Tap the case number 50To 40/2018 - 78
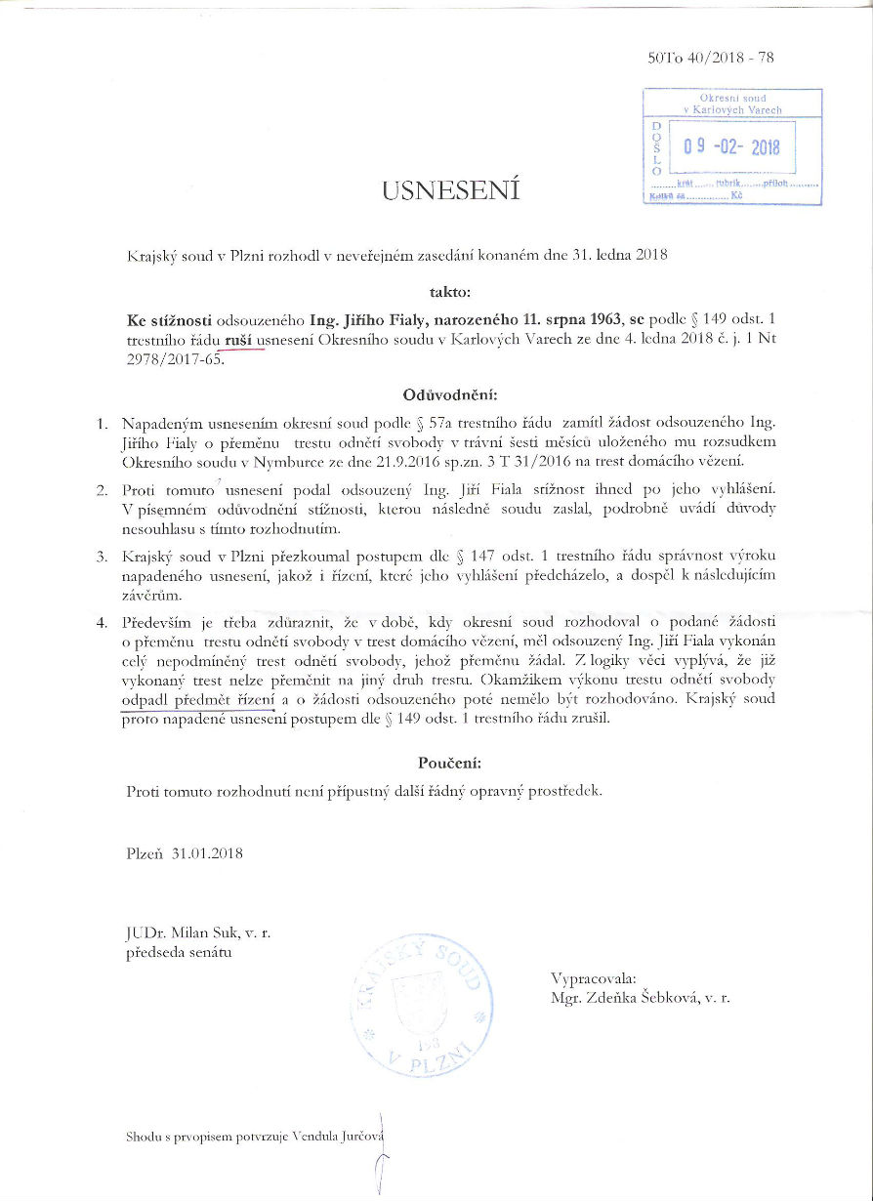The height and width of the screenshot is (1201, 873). click(x=711, y=58)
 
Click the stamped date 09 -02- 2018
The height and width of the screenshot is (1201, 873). click(x=731, y=146)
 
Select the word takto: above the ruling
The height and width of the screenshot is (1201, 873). click(x=450, y=291)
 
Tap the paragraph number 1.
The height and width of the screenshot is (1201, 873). click(x=101, y=425)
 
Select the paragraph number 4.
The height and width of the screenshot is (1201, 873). click(x=101, y=623)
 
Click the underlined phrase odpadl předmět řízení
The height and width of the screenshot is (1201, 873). click(x=199, y=700)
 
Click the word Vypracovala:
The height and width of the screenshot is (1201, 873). click(x=594, y=978)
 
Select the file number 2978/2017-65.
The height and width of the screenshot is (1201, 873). click(x=176, y=357)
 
